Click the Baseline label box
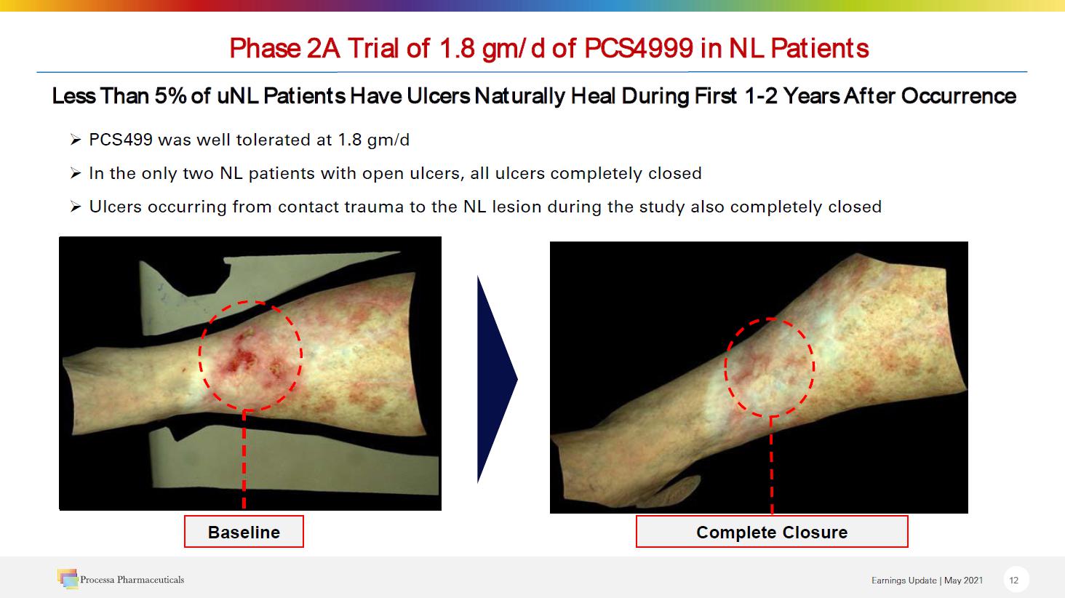[x=244, y=532]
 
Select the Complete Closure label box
[x=772, y=532]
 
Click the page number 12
[x=1013, y=580]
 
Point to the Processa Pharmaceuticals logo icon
[x=68, y=578]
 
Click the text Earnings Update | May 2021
[x=927, y=581]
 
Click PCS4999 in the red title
[x=639, y=48]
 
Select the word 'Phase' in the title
[x=266, y=48]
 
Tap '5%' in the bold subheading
[x=170, y=96]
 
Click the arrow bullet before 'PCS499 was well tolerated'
[x=76, y=140]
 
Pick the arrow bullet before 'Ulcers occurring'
[x=76, y=207]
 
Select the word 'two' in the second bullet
[x=199, y=173]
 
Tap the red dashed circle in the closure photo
[x=725, y=366]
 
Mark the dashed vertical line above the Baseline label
[x=244, y=459]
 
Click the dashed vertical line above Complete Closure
[x=771, y=466]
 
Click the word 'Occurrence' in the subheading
[x=959, y=96]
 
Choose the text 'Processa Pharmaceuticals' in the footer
[x=132, y=580]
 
